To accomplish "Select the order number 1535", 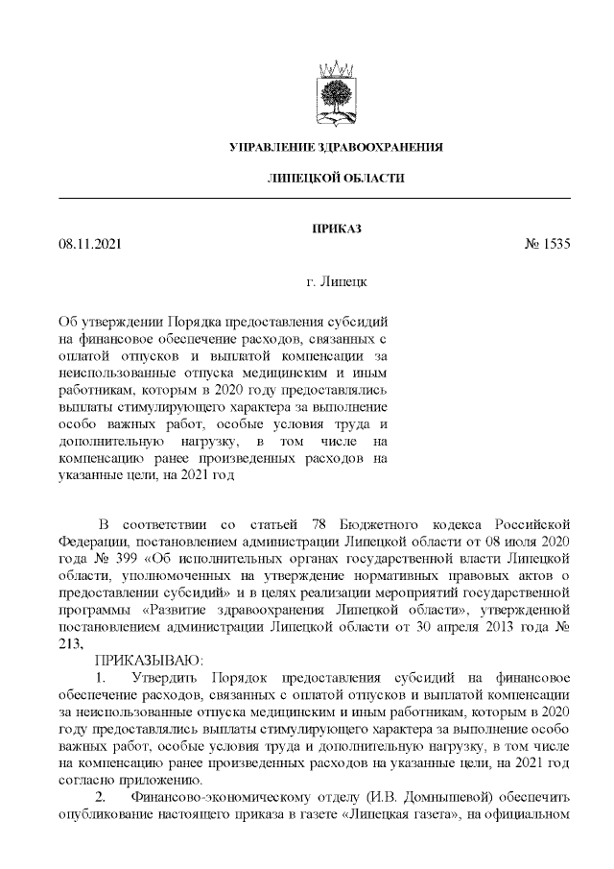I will tap(556, 244).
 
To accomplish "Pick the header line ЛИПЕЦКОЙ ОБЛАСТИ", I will tap(335, 179).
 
